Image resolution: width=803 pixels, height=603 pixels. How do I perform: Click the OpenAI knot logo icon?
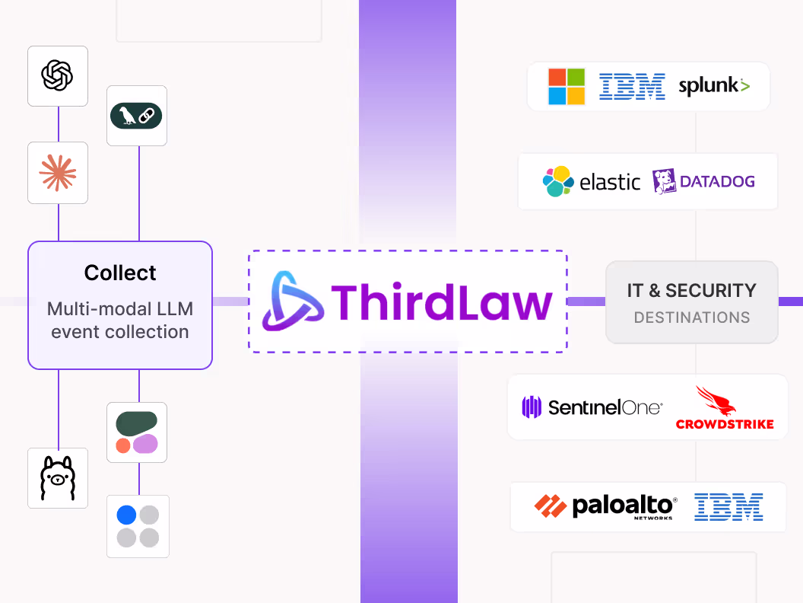pos(58,75)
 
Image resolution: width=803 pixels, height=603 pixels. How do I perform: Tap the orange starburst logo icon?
pos(58,173)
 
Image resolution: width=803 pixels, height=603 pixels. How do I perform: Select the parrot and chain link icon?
pos(137,116)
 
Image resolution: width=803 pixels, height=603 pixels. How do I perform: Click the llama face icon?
pos(58,478)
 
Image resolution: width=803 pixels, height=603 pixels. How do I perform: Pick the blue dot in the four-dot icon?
pos(126,515)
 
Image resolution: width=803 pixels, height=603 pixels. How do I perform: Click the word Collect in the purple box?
pos(120,273)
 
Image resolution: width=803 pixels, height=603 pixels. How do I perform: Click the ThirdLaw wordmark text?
pos(441,301)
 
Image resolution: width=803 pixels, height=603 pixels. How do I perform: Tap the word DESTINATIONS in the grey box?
pos(691,317)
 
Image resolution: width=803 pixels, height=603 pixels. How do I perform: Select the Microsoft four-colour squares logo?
pos(567,86)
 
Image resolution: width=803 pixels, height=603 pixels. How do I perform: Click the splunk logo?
pos(713,86)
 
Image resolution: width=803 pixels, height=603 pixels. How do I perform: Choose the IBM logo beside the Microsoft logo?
pos(632,86)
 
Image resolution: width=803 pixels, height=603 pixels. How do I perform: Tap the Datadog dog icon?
pos(665,181)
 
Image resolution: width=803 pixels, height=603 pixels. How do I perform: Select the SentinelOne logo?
pos(592,407)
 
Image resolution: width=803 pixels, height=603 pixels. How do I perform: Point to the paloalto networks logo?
pos(605,506)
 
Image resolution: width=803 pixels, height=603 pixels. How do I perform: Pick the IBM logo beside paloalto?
pos(728,506)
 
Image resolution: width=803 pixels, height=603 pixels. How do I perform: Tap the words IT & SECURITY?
pos(691,290)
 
